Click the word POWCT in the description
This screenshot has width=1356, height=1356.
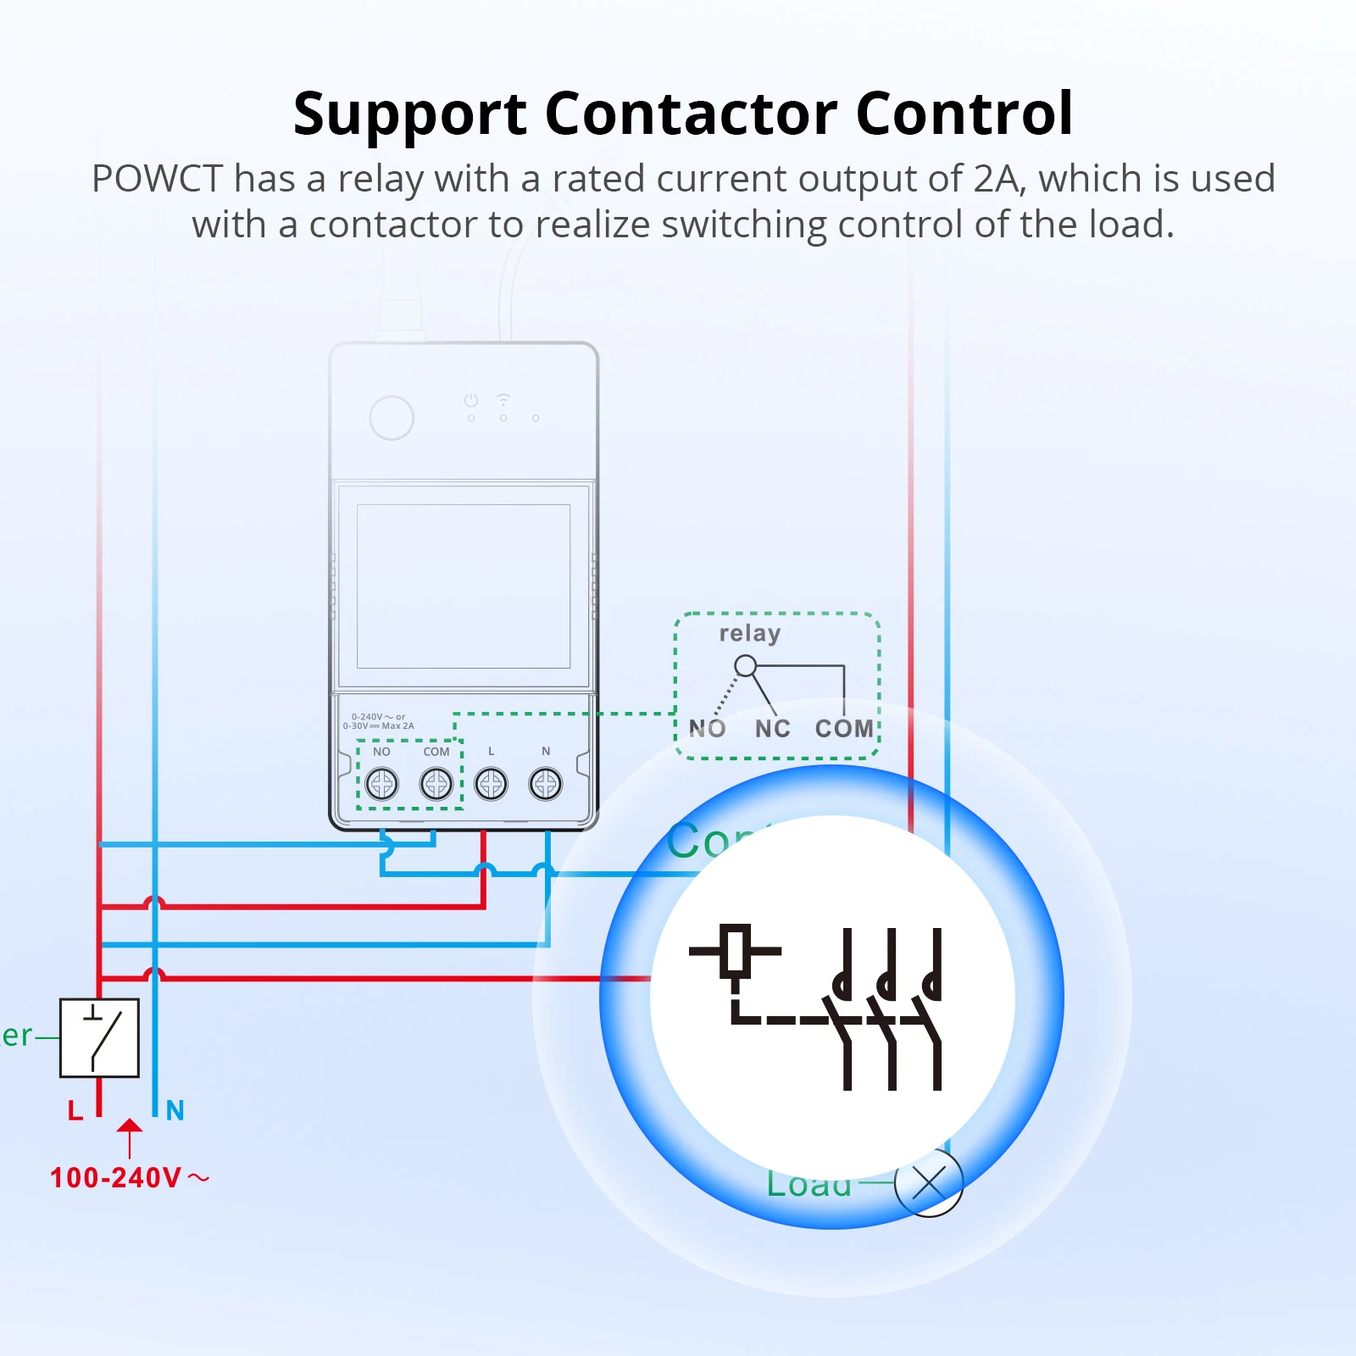click(x=157, y=179)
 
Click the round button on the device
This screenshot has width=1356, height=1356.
click(x=392, y=417)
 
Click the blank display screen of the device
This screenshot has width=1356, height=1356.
click(x=463, y=586)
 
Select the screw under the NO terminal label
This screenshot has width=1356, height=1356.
click(x=382, y=784)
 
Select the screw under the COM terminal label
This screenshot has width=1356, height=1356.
click(x=436, y=784)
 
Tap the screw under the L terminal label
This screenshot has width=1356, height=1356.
click(x=491, y=784)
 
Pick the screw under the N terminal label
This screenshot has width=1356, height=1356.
click(x=546, y=784)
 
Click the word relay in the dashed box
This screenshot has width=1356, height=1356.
click(x=749, y=633)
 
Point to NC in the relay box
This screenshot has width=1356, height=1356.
click(x=772, y=728)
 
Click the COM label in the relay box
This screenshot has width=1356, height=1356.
click(x=844, y=728)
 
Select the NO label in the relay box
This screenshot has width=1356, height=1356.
click(x=707, y=728)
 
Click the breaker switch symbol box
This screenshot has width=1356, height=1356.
click(x=99, y=1037)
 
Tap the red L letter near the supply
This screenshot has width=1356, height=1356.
click(x=75, y=1110)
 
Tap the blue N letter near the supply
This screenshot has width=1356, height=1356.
click(x=175, y=1110)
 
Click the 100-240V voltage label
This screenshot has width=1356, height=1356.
click(x=116, y=1178)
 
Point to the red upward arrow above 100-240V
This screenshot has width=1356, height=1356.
click(x=130, y=1136)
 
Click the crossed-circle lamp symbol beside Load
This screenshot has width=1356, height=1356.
click(x=929, y=1183)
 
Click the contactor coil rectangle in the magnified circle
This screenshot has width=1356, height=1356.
click(x=736, y=951)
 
